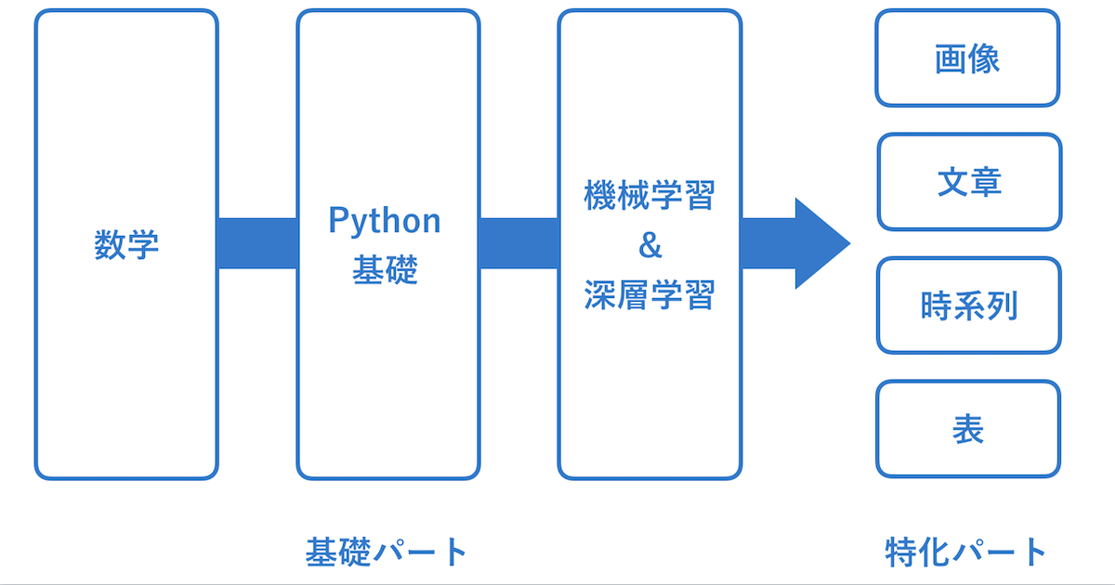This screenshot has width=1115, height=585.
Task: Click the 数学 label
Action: (126, 245)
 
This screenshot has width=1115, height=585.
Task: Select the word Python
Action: (385, 221)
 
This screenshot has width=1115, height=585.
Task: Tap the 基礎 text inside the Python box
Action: (385, 270)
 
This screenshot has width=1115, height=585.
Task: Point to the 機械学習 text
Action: (649, 196)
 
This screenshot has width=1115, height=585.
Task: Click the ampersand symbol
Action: (649, 246)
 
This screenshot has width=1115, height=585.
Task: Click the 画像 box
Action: (967, 58)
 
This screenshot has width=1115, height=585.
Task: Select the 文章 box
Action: (968, 182)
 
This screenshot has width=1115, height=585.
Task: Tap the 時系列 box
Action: (968, 305)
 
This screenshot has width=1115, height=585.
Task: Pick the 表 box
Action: (968, 429)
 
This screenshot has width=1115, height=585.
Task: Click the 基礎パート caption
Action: (386, 552)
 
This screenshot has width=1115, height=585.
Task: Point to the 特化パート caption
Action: (966, 552)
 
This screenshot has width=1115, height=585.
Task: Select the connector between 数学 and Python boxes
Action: (257, 244)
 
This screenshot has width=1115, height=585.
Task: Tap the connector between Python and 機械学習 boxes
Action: (518, 244)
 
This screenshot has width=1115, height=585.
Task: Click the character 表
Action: (968, 429)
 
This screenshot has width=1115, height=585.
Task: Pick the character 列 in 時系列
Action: (1002, 305)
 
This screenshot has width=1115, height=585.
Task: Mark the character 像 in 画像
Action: (984, 58)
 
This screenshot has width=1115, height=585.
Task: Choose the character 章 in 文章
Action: (985, 182)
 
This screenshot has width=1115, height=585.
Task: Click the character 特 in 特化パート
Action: (901, 552)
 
